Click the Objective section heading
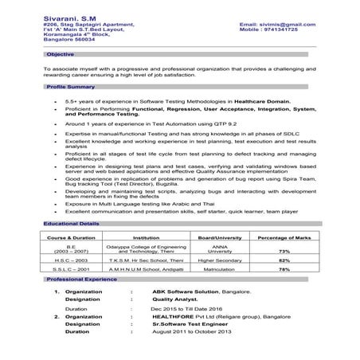[60, 54]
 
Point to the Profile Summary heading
[71, 84]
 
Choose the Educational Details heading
[74, 225]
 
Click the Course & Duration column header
[71, 238]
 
